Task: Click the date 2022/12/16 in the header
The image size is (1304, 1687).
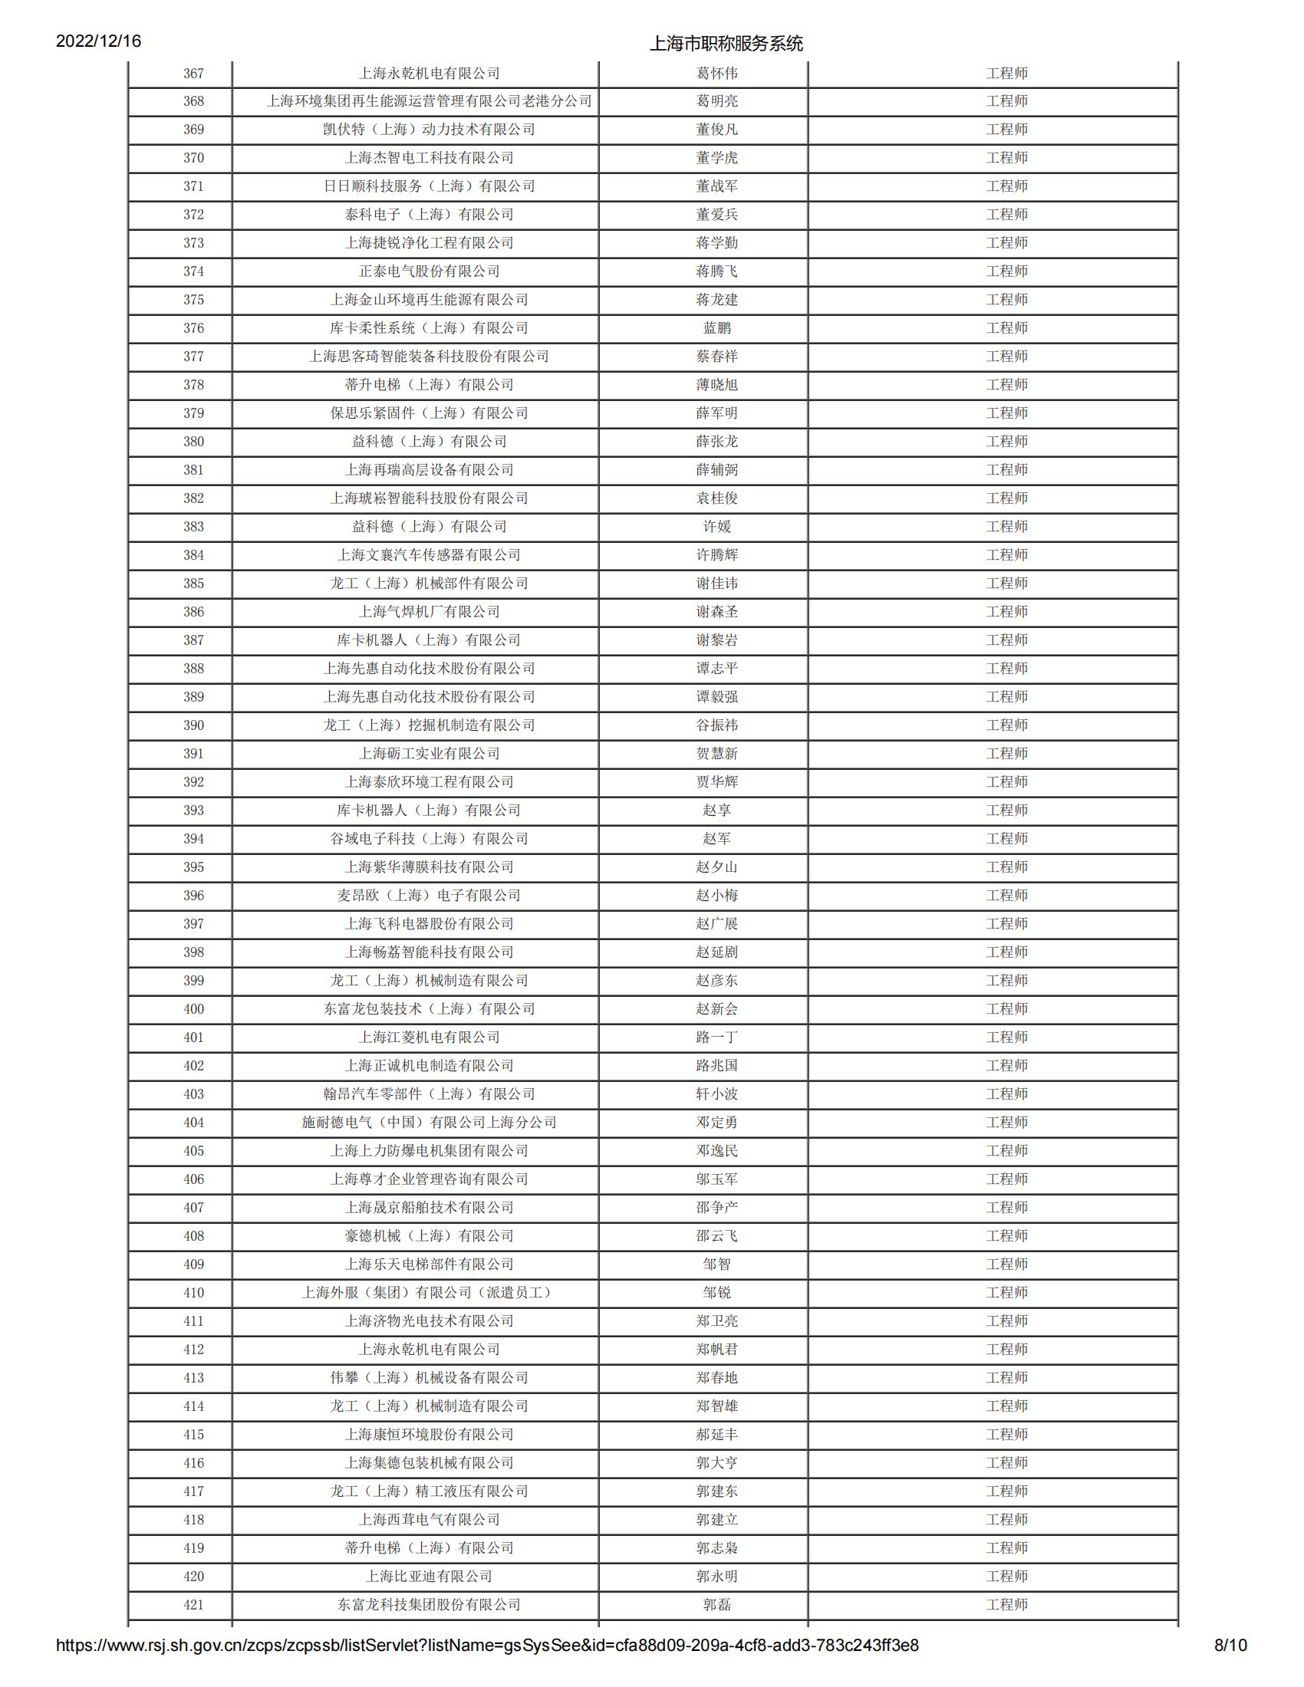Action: [98, 41]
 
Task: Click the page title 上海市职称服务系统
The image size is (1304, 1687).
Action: [726, 43]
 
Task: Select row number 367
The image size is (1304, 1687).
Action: [193, 74]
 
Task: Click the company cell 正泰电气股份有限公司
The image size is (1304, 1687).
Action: [429, 271]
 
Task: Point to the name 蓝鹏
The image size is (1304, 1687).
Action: [716, 328]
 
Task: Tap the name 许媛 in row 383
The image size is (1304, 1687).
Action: [716, 527]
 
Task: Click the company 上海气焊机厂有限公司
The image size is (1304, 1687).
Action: [429, 612]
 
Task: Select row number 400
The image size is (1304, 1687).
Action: [193, 1009]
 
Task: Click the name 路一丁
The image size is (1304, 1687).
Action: [716, 1038]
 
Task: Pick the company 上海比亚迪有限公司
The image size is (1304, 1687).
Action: [429, 1577]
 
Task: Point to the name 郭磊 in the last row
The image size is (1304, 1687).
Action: [716, 1605]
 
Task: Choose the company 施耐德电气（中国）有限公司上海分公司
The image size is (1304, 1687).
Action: [429, 1123]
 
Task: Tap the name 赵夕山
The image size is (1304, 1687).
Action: [716, 867]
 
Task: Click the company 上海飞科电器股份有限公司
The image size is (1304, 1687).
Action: [429, 924]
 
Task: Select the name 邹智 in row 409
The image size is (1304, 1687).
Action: [716, 1264]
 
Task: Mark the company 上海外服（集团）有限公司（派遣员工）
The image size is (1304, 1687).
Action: [429, 1292]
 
